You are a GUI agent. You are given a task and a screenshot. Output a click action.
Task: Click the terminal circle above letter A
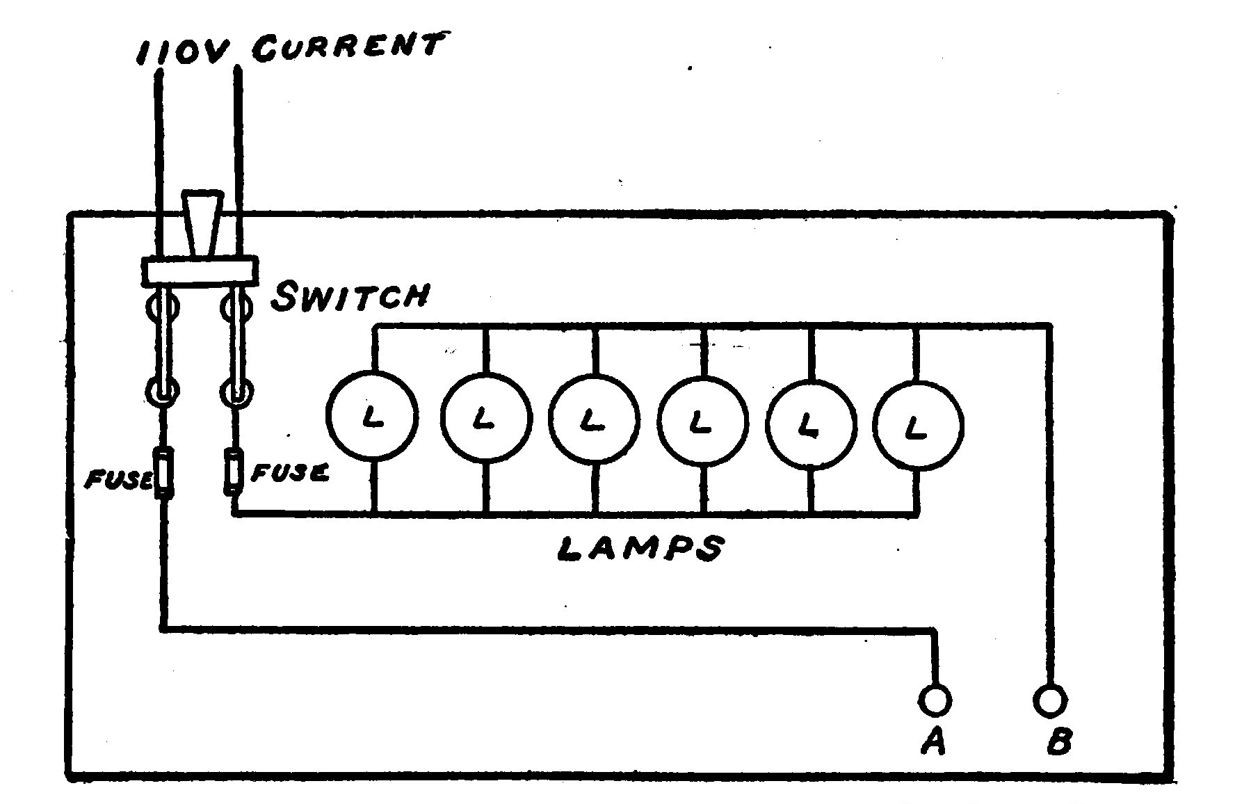point(935,700)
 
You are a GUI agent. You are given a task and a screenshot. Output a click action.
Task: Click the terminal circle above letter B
point(1050,700)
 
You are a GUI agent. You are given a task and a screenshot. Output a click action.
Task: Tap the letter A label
point(933,743)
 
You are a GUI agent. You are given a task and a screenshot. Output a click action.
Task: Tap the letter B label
point(1058,742)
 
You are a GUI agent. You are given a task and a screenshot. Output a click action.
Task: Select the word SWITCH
point(350,296)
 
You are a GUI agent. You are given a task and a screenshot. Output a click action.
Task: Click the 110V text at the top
point(182,53)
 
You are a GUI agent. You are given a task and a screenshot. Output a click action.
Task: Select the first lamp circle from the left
point(373,417)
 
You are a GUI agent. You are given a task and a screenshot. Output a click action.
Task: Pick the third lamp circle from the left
point(594,419)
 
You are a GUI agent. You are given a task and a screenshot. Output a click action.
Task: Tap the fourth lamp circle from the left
point(703,421)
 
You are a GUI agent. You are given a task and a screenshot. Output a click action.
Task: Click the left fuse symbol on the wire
point(164,472)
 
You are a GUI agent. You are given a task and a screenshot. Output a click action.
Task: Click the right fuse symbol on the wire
point(234,472)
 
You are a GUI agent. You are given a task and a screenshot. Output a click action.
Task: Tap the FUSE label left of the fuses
point(118,479)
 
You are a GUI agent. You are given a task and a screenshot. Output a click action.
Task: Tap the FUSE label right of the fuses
point(290,474)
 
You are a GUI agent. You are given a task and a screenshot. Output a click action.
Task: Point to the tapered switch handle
point(200,222)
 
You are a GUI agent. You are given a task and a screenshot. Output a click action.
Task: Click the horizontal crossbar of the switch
point(200,271)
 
